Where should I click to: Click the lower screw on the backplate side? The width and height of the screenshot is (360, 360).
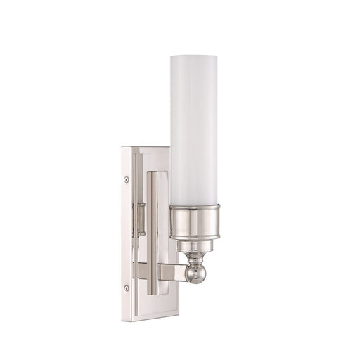pos(126,288)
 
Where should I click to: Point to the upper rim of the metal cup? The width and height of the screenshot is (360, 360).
pos(196,206)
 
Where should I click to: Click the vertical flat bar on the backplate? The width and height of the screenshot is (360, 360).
pos(152,232)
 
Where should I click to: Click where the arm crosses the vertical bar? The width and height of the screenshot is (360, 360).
pos(152,271)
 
